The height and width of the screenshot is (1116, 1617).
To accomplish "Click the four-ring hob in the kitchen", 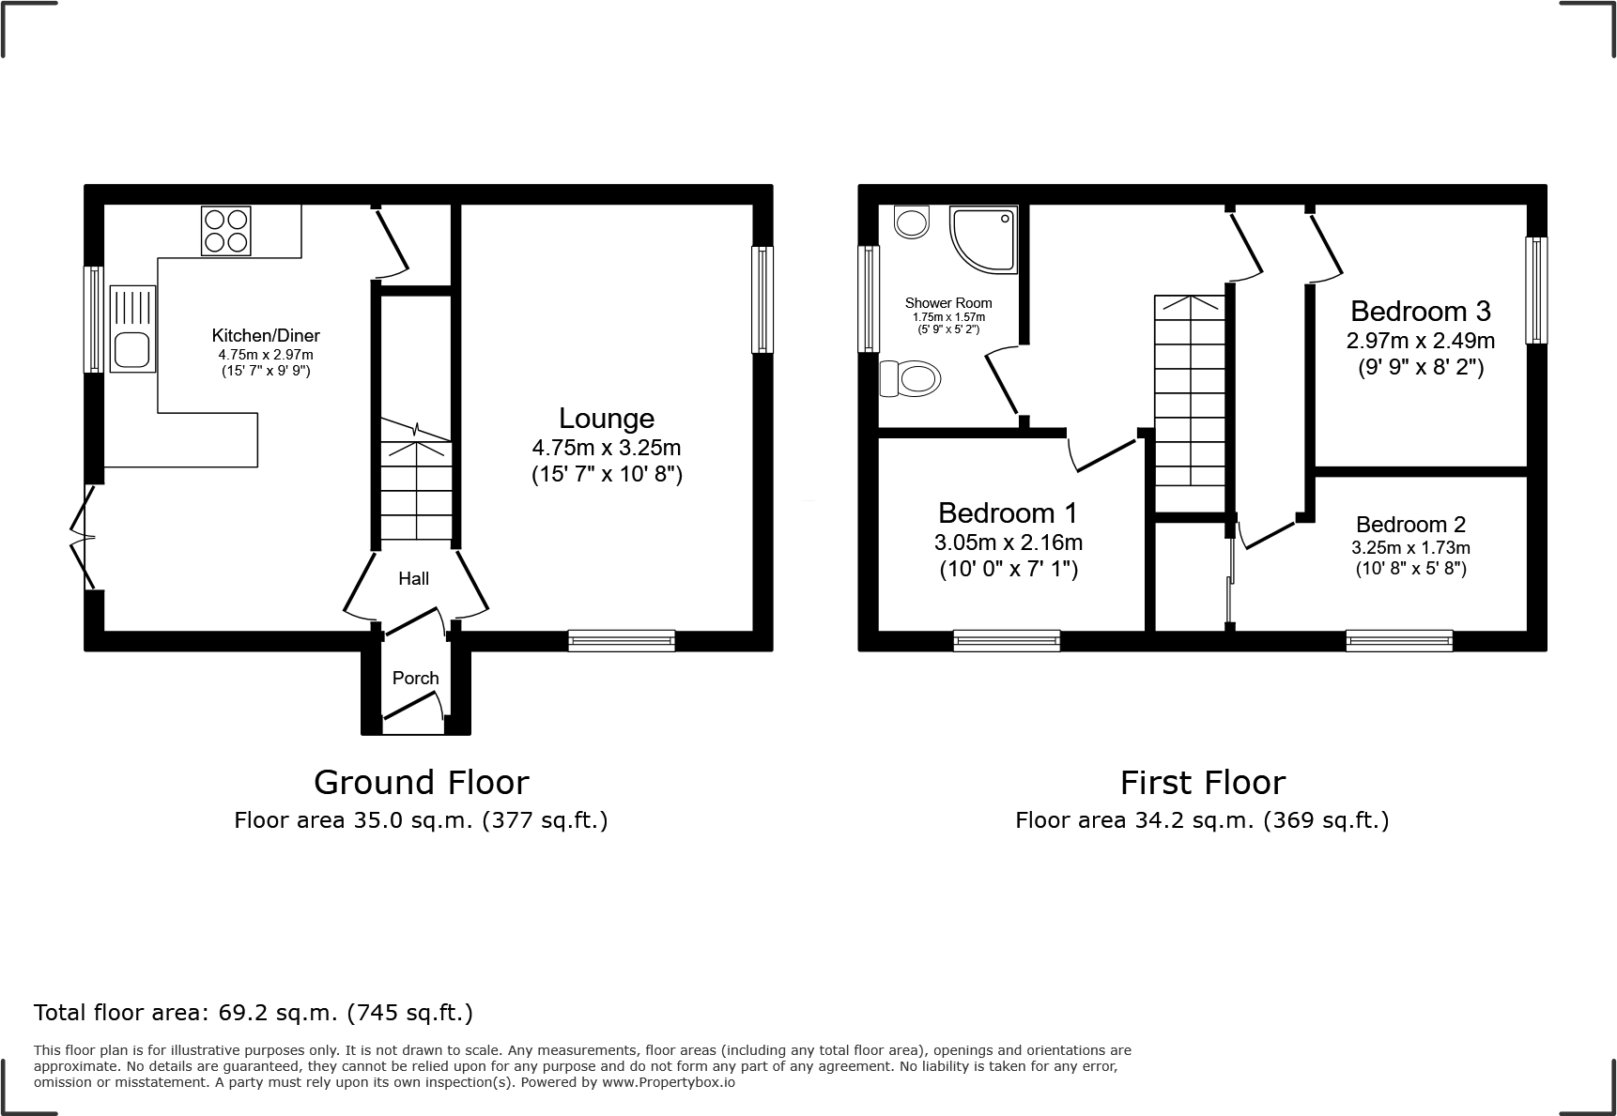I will (226, 230).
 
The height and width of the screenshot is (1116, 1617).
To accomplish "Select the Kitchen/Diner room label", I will (266, 335).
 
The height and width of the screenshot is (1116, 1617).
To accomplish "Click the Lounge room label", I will (607, 419).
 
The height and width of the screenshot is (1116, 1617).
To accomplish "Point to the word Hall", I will (413, 578).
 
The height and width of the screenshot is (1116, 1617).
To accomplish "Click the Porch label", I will (415, 678).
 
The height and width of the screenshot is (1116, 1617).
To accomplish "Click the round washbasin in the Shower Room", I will (911, 222).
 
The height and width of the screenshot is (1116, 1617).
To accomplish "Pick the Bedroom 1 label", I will (1008, 512).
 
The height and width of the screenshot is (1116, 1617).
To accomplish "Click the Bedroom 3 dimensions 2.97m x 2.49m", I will (1420, 340).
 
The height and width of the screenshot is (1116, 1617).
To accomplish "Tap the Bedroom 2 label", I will (1410, 525).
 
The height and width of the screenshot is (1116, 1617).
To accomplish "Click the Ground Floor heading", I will (421, 782).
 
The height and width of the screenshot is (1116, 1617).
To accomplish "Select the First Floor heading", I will (1202, 782).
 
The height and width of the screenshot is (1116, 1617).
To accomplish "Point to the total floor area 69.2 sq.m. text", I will (254, 1013).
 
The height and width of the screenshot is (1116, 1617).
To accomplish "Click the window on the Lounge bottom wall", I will (621, 641).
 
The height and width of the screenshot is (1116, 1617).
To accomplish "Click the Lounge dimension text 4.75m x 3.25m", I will (607, 448).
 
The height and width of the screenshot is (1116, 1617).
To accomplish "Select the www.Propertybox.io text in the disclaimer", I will (669, 1082).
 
